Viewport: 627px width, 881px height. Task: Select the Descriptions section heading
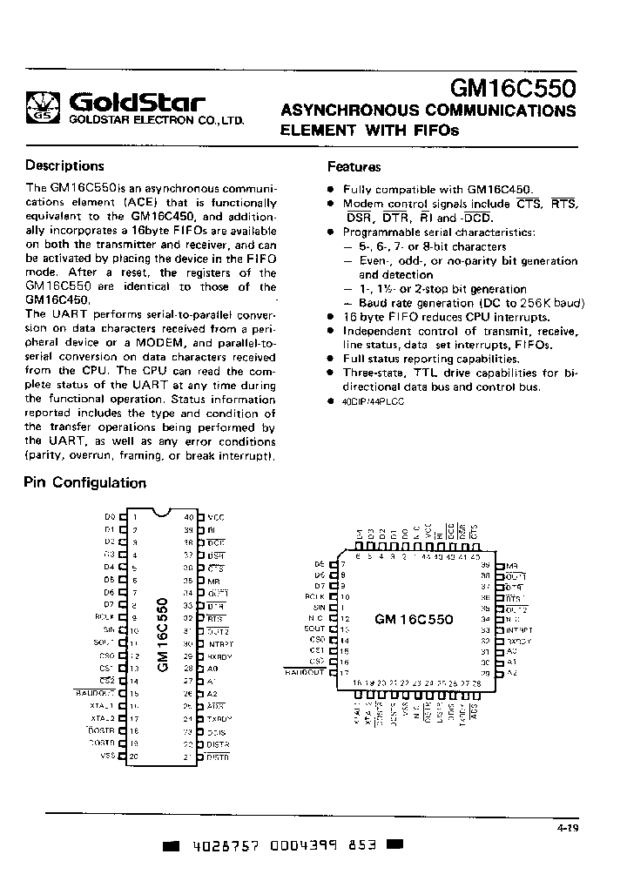[64, 165]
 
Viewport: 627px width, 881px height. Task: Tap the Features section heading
[354, 167]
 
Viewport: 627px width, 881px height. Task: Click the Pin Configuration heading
[85, 482]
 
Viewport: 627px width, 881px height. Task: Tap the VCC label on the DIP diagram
[216, 516]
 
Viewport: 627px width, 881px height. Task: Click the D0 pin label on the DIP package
[110, 516]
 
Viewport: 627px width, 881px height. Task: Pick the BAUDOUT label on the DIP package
[95, 693]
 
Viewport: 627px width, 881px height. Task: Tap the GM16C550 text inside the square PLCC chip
[414, 620]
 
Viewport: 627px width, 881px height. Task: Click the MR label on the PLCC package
[511, 565]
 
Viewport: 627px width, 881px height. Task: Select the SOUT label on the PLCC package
[314, 629]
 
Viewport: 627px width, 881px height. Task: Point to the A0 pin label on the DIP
[213, 669]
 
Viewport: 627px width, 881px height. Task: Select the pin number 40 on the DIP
[188, 516]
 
